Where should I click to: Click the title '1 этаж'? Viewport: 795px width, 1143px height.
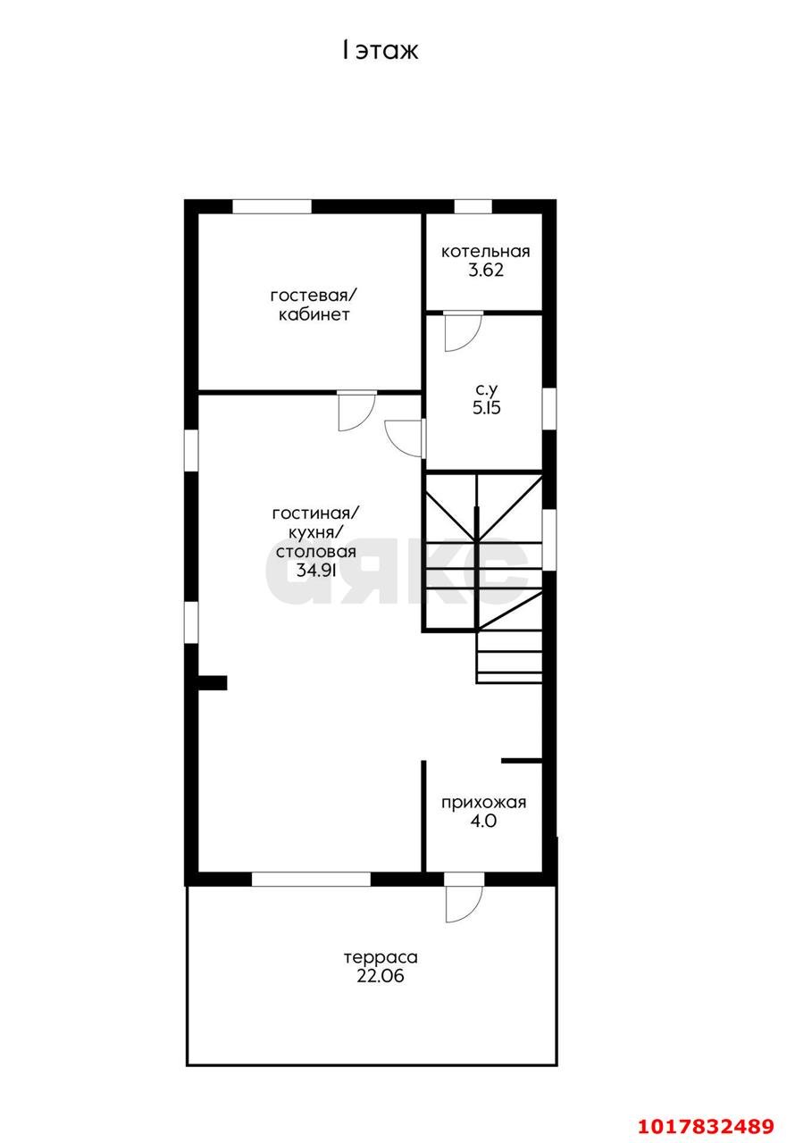point(381,51)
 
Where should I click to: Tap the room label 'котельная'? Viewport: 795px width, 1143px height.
point(485,252)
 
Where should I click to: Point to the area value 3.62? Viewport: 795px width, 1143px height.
point(486,270)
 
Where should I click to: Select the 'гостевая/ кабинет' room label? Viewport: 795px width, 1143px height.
point(314,305)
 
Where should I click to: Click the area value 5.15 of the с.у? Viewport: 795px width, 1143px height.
point(486,408)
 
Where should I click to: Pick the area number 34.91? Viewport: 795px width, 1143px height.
point(316,570)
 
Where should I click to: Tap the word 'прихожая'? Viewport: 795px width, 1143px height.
point(483,803)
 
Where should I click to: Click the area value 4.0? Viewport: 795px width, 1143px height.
point(483,821)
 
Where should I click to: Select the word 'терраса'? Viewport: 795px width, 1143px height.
point(381,957)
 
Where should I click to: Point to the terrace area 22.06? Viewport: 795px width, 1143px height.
point(381,976)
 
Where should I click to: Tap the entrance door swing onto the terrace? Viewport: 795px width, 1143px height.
point(463,905)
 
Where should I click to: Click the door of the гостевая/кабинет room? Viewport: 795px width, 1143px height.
point(356,412)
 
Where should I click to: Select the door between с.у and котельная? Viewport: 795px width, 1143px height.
point(463,331)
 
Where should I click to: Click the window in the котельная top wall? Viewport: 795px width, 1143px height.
point(473,206)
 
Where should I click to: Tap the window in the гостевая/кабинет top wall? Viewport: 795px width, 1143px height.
point(272,206)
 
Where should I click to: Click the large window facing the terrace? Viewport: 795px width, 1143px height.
point(311,880)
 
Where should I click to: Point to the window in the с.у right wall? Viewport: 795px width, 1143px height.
point(549,408)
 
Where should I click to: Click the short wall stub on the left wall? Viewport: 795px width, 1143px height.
point(213,683)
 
